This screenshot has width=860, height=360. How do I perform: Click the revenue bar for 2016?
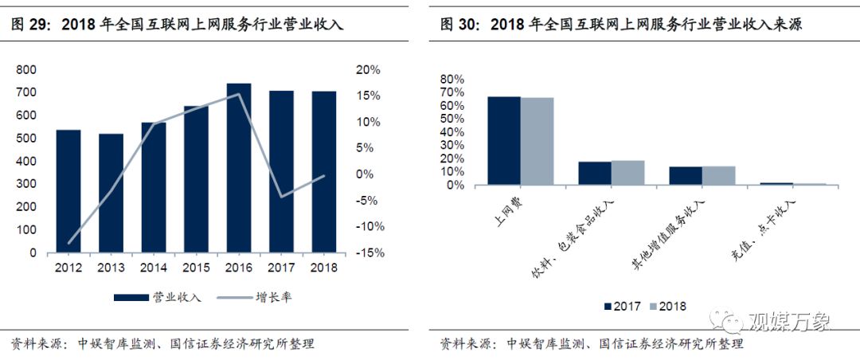[239, 168]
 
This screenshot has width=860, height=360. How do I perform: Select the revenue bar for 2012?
[68, 191]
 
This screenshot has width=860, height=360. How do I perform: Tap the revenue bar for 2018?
[324, 172]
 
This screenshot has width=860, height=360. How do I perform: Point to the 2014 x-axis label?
[154, 268]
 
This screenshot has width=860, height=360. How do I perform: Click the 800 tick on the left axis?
[26, 70]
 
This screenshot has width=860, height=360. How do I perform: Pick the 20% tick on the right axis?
[367, 70]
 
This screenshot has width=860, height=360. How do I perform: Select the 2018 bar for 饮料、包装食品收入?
[627, 173]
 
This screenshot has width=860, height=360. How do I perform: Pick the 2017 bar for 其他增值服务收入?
[686, 176]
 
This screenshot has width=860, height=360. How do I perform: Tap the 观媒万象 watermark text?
[788, 322]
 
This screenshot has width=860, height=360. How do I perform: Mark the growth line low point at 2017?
[281, 196]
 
